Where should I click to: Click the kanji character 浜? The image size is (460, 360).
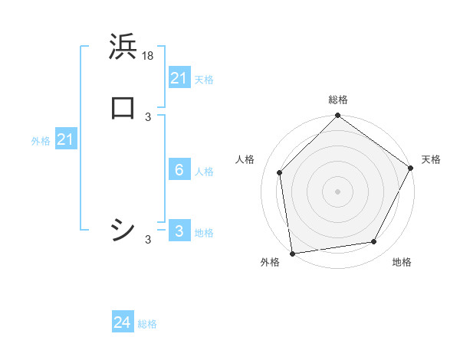coord(123,47)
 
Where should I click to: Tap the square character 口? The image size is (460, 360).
coord(123,107)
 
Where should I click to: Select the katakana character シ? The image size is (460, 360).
coord(123,229)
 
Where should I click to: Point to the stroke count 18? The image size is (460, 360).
coord(149,56)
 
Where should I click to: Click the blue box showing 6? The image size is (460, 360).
coord(179,170)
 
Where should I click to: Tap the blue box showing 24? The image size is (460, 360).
coord(122,322)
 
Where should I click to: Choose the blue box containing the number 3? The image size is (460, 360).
coord(179,231)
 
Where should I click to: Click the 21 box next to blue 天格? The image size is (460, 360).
coord(179,78)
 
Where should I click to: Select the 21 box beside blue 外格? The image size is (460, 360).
coord(65,139)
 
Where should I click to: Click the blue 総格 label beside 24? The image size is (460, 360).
coord(147,324)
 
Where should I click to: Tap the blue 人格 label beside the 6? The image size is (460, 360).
coord(204,172)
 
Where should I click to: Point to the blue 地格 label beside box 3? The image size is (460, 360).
coord(204,233)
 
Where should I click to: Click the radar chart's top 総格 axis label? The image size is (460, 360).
coord(337,100)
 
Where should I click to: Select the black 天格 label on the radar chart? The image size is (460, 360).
coord(431,159)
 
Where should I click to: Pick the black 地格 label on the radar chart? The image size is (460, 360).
coord(402,263)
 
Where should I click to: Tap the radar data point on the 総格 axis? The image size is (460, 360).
coord(337,117)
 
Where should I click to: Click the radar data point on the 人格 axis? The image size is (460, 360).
coord(280,172)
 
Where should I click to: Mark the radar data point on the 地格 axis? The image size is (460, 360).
coord(374,242)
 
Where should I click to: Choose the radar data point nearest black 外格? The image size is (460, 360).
coord(292,253)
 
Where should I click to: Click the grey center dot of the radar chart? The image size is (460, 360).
coord(337,191)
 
